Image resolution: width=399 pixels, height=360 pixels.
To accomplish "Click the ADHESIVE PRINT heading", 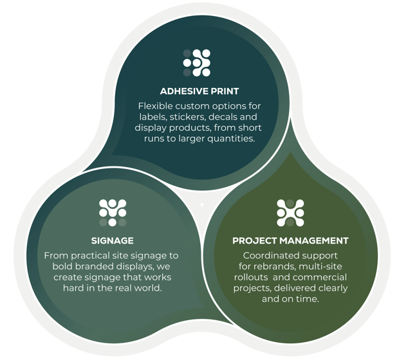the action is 199,91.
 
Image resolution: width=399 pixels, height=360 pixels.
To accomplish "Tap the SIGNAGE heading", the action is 112,241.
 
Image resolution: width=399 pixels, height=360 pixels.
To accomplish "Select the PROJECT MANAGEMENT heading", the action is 290,241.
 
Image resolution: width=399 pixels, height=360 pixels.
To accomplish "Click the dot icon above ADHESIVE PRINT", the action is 197,63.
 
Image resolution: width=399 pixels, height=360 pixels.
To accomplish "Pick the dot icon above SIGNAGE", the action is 113,213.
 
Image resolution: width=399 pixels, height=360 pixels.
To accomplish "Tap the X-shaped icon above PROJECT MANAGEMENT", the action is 290,213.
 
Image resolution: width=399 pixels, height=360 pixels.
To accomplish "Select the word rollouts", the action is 251,277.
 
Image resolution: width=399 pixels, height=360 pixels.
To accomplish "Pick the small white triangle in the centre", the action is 202,205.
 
